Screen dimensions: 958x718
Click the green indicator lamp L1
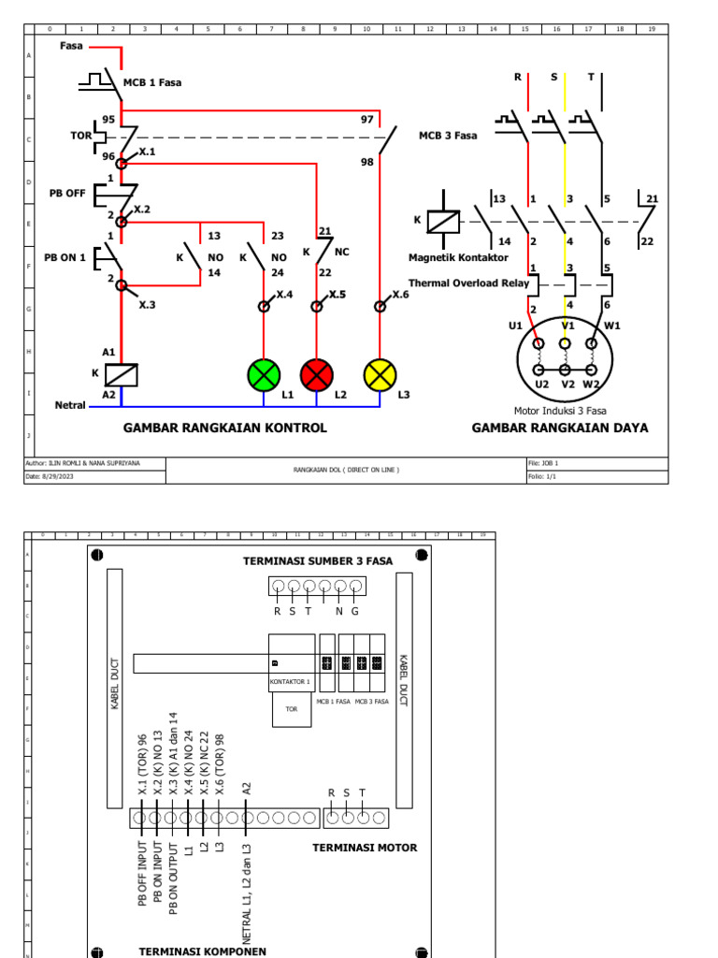coord(264,375)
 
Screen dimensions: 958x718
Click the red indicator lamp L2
coord(317,375)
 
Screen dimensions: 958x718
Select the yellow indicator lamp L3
coord(381,375)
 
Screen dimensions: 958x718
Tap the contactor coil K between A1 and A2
coord(121,374)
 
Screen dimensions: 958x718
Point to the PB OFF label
coord(67,195)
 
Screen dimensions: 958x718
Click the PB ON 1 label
coord(65,256)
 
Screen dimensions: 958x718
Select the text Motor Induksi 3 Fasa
coord(560,410)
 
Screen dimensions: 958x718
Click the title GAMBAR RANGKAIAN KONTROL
coord(225,428)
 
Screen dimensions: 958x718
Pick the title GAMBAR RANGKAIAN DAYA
coord(559,428)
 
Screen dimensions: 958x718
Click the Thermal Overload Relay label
coord(468,283)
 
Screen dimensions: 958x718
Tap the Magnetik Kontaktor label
coord(458,257)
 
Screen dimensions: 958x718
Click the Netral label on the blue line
coord(70,405)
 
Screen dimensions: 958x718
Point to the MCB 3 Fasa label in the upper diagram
coord(447,136)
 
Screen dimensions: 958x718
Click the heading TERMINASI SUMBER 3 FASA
coord(318,561)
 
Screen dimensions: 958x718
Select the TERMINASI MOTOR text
coord(365,848)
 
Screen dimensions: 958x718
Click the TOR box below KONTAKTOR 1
coord(291,710)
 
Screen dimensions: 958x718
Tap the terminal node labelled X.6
coord(381,306)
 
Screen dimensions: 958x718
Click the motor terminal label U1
coord(515,326)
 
